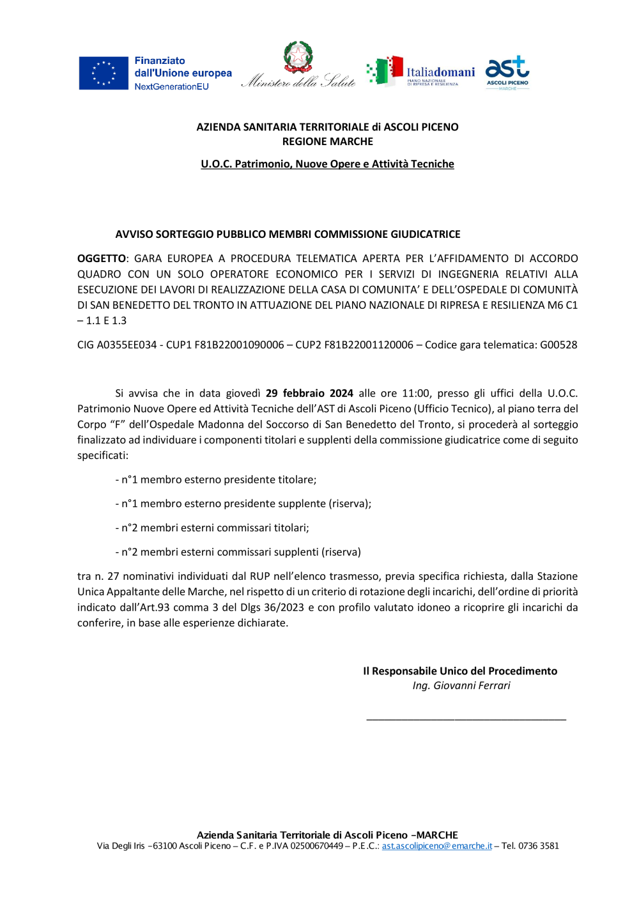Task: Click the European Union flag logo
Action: tap(104, 73)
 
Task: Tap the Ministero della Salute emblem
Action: tap(298, 58)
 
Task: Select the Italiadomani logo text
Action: tap(440, 72)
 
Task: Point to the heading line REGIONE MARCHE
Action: tap(327, 141)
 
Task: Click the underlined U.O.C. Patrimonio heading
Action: tap(327, 164)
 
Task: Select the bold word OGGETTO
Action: tap(102, 258)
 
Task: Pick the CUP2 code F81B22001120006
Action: tap(369, 345)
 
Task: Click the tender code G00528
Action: tap(558, 345)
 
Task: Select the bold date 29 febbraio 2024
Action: tap(309, 393)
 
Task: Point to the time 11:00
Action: tap(415, 393)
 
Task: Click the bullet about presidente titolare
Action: tap(216, 479)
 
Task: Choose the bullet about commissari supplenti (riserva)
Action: tap(238, 552)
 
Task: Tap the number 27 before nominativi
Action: tap(113, 576)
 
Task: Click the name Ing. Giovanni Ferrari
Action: tap(461, 685)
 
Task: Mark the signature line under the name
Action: tap(466, 719)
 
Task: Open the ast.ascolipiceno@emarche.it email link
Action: tap(437, 846)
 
